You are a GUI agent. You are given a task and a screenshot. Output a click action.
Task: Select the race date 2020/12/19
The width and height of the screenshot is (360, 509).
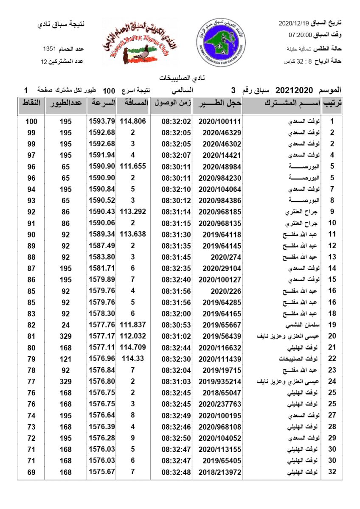[x=294, y=22]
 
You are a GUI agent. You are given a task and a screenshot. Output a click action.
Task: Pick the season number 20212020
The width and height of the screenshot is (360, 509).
[x=294, y=90]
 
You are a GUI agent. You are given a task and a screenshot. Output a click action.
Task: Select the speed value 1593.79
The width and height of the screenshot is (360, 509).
[x=102, y=121]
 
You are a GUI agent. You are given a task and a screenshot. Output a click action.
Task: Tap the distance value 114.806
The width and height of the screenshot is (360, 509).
[x=133, y=121]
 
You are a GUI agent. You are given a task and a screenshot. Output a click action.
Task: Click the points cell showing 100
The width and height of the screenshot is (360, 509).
[x=31, y=121]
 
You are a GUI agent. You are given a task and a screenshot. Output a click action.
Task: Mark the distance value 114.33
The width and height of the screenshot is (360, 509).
[x=133, y=358]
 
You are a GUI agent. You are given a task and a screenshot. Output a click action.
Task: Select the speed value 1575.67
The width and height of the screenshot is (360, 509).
[x=102, y=471]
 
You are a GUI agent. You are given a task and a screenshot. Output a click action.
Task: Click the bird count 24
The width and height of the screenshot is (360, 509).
[x=66, y=324]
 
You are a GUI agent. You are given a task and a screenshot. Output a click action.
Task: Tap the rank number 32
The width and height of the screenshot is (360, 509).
[x=332, y=471]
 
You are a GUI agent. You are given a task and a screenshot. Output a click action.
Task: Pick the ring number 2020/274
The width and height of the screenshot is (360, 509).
[x=226, y=257]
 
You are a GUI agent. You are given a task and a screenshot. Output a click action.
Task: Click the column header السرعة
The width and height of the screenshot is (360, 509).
[x=102, y=103]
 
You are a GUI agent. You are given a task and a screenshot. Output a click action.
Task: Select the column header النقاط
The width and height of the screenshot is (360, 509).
[x=31, y=103]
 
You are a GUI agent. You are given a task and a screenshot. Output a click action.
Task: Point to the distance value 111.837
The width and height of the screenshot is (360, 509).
[x=133, y=324]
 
